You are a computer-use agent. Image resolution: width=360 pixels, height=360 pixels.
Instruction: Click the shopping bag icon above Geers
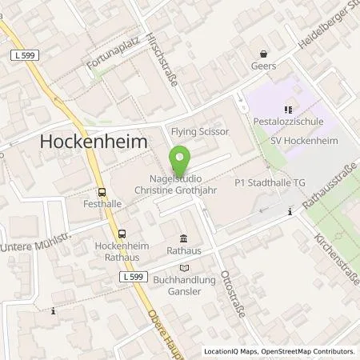(261, 54)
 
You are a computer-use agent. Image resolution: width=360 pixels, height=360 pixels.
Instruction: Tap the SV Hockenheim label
(294, 141)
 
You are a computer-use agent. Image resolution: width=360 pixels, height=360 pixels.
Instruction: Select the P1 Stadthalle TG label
(270, 183)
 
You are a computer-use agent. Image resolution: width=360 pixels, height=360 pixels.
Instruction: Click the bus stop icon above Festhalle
(102, 192)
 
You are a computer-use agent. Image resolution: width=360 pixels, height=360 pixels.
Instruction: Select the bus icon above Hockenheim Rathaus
(122, 233)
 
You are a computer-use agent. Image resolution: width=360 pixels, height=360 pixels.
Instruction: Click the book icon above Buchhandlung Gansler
(185, 269)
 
